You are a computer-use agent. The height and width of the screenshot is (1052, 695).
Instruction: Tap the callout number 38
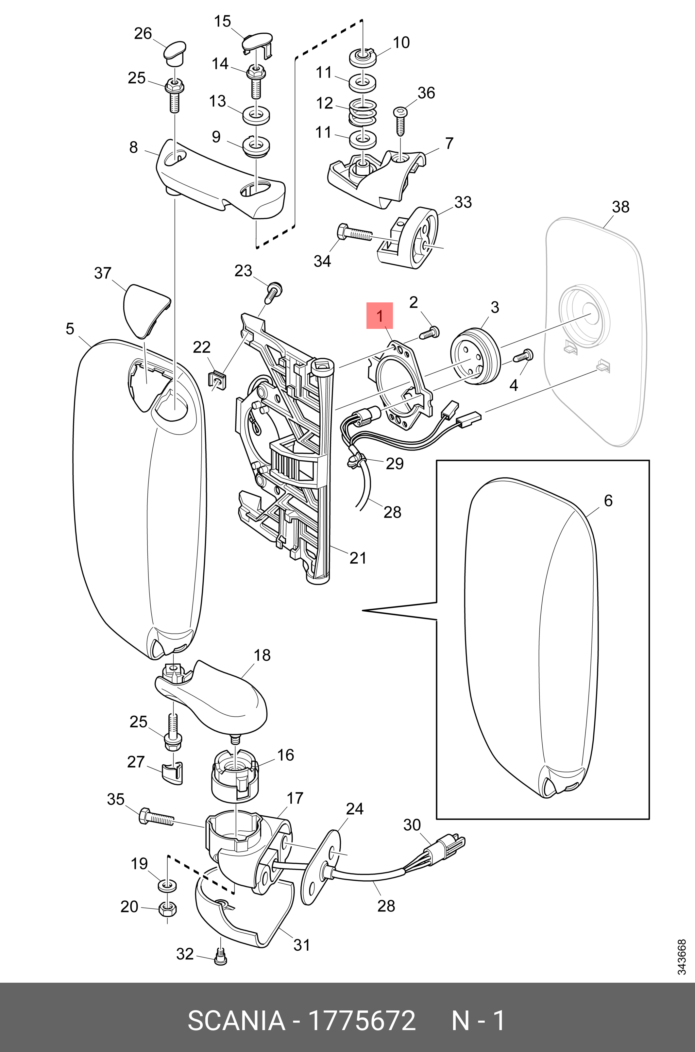pos(620,207)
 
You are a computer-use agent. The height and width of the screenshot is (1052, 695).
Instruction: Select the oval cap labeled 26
pos(175,52)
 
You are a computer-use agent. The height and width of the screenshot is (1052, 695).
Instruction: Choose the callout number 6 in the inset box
pos(608,501)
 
